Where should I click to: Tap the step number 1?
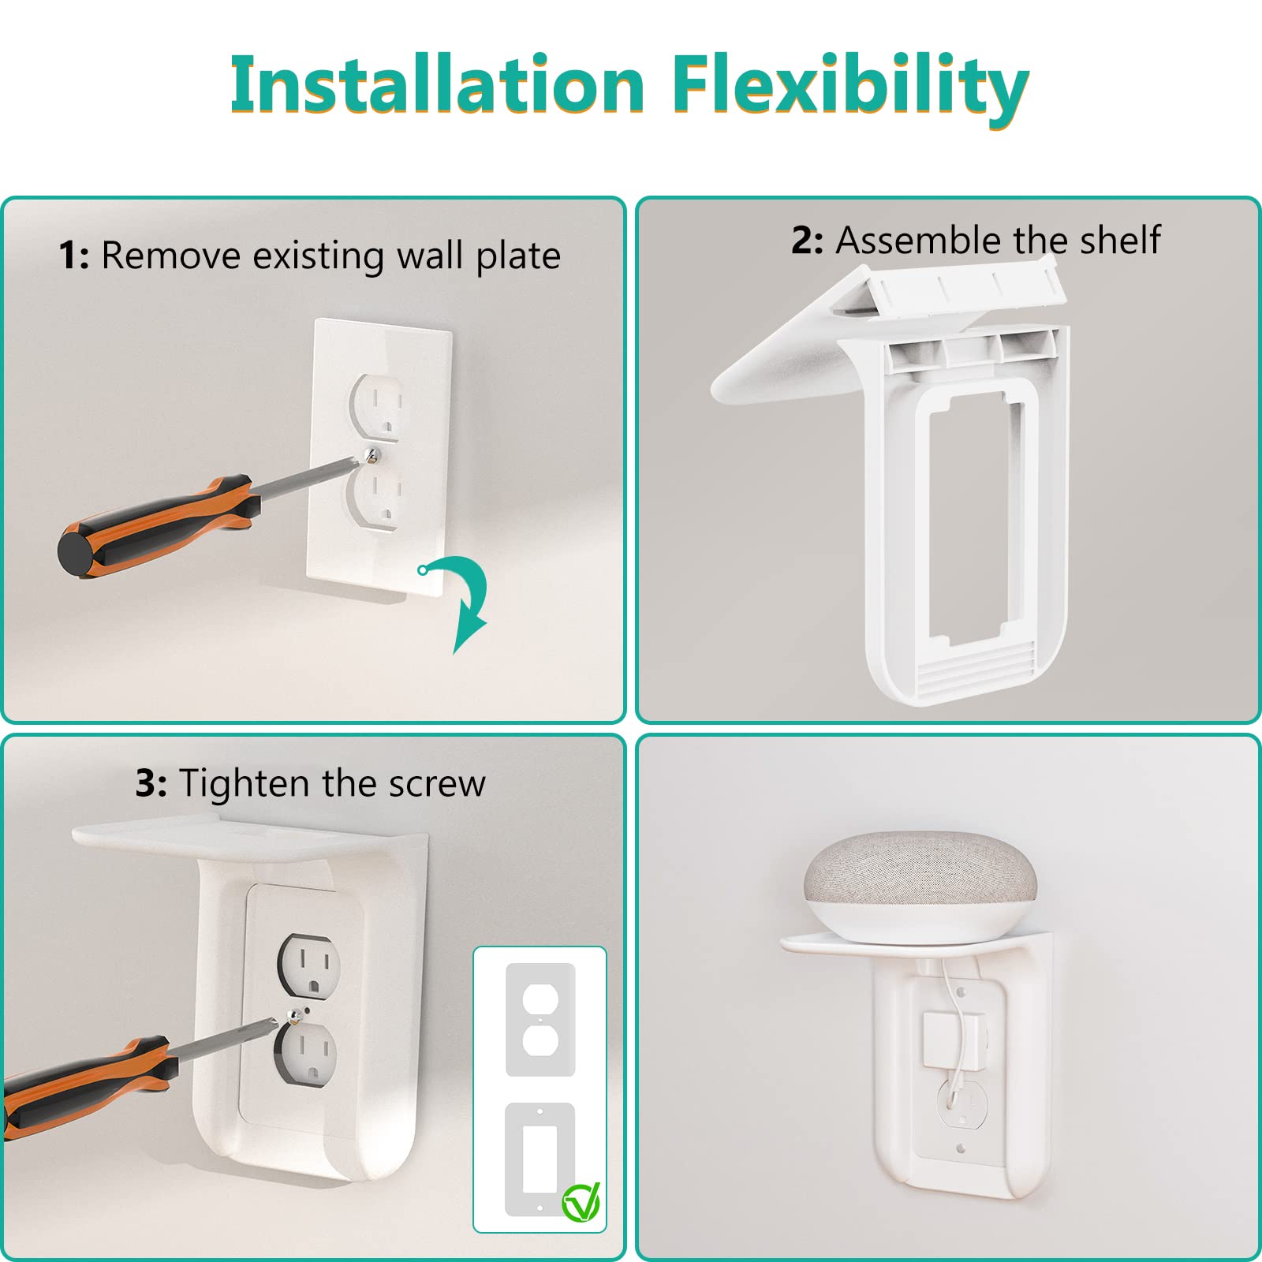pyautogui.click(x=74, y=256)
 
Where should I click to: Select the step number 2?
pyautogui.click(x=807, y=241)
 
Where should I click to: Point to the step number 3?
pyautogui.click(x=151, y=784)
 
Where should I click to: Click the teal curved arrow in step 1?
pyautogui.click(x=465, y=599)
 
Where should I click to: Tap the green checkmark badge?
pyautogui.click(x=581, y=1203)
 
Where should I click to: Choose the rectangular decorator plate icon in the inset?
pyautogui.click(x=540, y=1159)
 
